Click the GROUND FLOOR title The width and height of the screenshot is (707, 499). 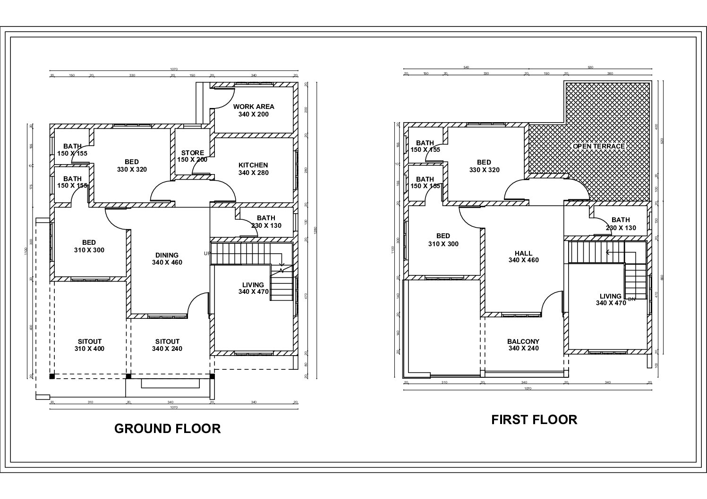[x=168, y=428]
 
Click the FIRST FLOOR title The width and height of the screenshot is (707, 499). [x=534, y=419]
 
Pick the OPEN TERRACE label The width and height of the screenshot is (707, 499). [x=598, y=146]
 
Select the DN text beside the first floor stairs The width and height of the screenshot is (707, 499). [x=632, y=299]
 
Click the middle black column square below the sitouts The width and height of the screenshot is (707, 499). [x=128, y=376]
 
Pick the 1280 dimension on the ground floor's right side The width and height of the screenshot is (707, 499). [x=315, y=230]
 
